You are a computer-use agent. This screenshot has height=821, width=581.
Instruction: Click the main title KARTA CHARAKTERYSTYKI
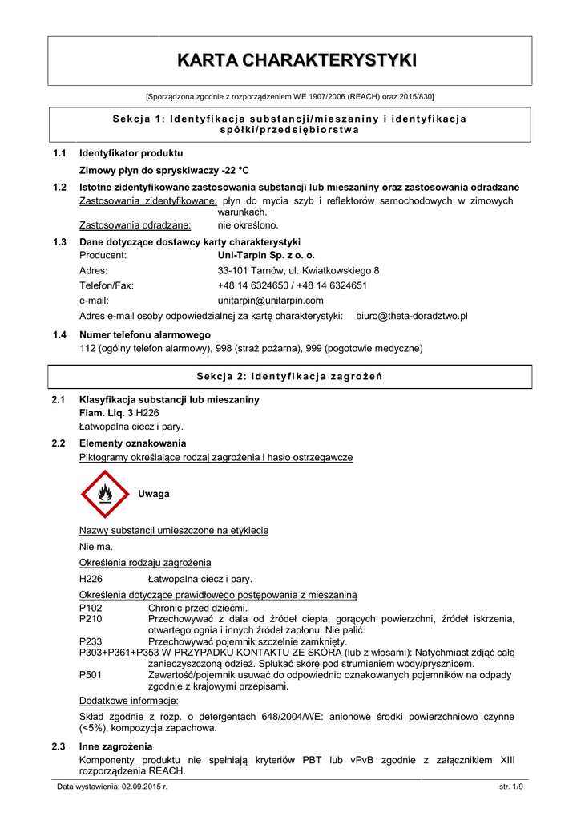click(x=297, y=60)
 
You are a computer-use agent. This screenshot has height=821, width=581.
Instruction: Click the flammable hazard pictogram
click(x=105, y=495)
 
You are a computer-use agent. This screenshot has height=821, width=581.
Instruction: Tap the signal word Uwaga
click(x=154, y=494)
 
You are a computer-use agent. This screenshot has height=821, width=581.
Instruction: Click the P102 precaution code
click(x=91, y=609)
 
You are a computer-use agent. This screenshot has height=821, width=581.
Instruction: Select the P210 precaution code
click(x=91, y=619)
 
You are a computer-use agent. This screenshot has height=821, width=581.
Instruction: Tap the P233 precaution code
click(x=91, y=641)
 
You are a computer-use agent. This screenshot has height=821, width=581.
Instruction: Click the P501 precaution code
click(x=91, y=675)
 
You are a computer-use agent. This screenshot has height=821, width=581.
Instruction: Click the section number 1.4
click(x=59, y=334)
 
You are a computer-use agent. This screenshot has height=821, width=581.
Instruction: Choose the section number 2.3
click(x=59, y=747)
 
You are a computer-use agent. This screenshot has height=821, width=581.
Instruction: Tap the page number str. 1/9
click(x=510, y=789)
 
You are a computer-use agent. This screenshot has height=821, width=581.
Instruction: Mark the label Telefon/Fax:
click(x=107, y=285)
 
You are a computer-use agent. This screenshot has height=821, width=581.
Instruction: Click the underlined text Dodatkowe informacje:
click(x=128, y=700)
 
